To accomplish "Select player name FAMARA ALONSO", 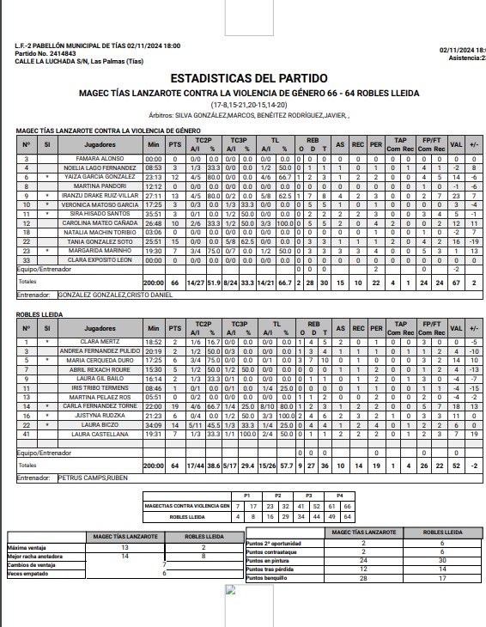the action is [x=100, y=159].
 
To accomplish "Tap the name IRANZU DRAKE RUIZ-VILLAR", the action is [x=100, y=195].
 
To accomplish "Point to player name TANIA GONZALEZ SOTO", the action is [x=100, y=240].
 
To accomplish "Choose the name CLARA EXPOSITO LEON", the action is [x=100, y=259].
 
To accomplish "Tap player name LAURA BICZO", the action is [x=100, y=423].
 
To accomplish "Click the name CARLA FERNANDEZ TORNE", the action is [x=100, y=405].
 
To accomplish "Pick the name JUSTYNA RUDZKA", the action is [x=100, y=414].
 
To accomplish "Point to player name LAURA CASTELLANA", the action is [x=100, y=433].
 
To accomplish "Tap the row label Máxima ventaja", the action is [x=27, y=547].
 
